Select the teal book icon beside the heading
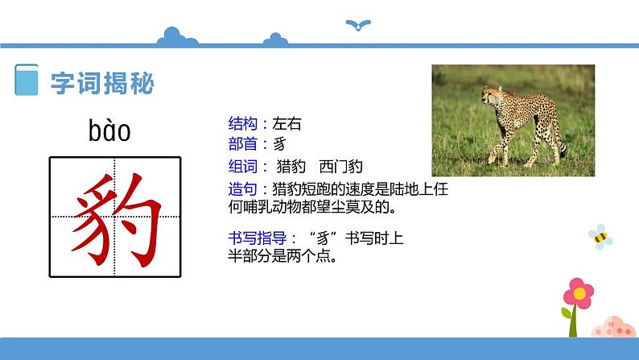point(27,82)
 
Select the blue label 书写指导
point(258,238)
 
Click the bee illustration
point(600,236)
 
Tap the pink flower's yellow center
point(577,291)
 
